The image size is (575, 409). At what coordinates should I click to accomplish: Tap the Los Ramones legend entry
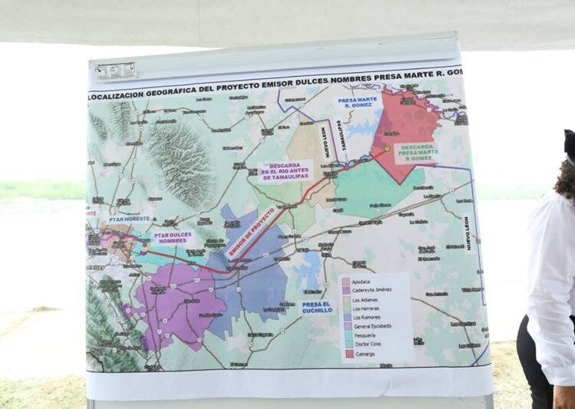click(x=366, y=317)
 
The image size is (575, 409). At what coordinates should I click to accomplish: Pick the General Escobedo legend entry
click(x=371, y=326)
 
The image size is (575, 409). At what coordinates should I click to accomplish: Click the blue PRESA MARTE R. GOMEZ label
click(x=357, y=103)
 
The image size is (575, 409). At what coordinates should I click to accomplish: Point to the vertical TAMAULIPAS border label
click(x=343, y=136)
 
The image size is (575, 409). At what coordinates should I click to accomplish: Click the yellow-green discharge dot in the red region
click(x=386, y=148)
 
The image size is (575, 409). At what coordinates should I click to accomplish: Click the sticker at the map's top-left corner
click(x=116, y=71)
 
